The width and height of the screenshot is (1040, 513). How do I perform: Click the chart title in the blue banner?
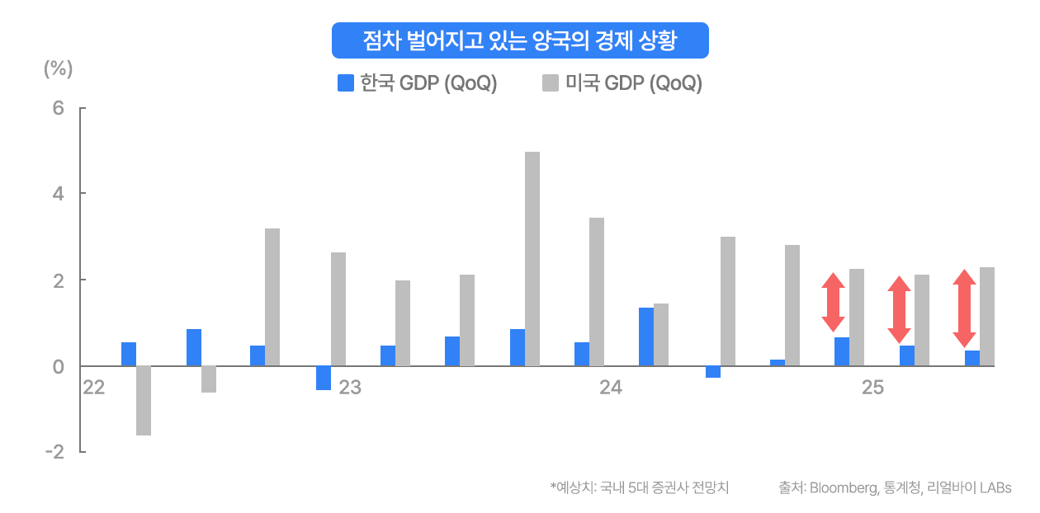point(520,40)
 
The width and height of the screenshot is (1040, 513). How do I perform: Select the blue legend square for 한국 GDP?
point(347,83)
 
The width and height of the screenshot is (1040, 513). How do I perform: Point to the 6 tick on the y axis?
point(59,108)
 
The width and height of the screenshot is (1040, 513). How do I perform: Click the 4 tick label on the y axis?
point(59,194)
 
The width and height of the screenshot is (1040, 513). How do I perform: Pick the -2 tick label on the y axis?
point(54,452)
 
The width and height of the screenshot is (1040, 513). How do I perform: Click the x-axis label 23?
point(350,388)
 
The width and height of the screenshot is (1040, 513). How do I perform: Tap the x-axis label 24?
point(611,388)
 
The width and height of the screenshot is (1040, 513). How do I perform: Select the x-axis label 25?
point(872,388)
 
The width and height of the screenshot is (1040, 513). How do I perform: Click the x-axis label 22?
point(94,388)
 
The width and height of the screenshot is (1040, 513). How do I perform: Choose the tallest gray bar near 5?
point(532,258)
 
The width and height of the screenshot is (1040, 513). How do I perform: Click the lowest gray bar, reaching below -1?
point(144,401)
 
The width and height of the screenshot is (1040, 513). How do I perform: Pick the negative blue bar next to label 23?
point(324,378)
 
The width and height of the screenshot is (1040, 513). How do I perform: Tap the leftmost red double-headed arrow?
point(833,302)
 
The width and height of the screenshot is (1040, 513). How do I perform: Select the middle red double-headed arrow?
point(899,309)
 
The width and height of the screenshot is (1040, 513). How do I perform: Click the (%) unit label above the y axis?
point(59,69)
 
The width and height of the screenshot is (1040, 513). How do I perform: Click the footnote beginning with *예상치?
point(640,487)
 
